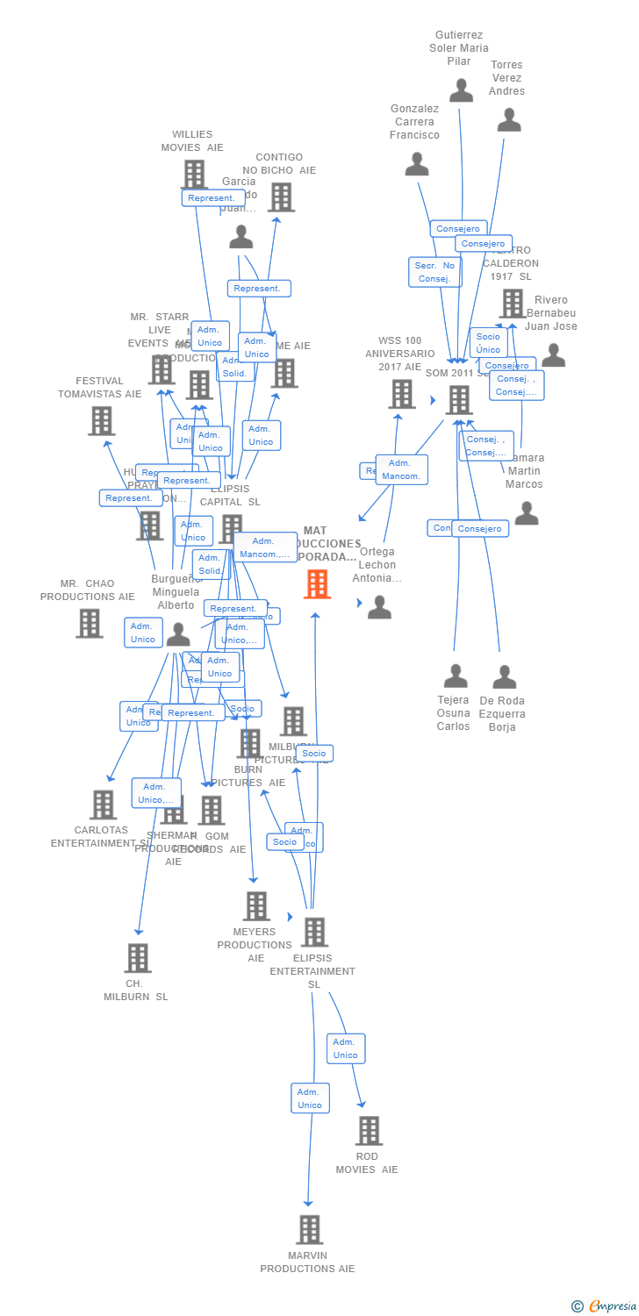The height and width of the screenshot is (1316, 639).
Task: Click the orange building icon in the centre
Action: (317, 583)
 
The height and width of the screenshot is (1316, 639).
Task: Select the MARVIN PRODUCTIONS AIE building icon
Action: (309, 1229)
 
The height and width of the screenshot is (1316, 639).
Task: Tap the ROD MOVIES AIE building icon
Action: (369, 1131)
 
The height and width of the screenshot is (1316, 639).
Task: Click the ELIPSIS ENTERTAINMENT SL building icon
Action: (314, 932)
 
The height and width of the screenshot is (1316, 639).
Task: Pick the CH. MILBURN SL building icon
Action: (137, 958)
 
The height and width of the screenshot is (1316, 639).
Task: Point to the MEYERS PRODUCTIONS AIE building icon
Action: (256, 905)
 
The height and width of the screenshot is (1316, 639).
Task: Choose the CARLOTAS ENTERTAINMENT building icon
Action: (103, 805)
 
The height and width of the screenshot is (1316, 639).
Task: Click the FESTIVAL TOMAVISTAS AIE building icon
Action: (102, 421)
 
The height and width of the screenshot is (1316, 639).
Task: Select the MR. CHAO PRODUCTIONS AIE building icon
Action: (90, 623)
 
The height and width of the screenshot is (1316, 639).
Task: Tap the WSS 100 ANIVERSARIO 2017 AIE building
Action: (402, 394)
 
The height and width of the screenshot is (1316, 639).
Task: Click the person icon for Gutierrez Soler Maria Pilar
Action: (461, 89)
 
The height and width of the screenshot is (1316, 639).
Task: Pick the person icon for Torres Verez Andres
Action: (509, 120)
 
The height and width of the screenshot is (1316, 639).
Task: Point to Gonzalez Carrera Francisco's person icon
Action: (417, 164)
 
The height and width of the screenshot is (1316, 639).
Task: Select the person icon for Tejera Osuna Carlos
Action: (455, 676)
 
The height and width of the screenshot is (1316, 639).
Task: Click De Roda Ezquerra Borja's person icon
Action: (504, 677)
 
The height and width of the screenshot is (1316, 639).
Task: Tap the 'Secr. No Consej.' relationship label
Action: (434, 272)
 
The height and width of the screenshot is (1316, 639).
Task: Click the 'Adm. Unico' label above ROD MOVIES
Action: (346, 1048)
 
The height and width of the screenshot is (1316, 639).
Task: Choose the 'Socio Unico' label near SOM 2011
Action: (488, 343)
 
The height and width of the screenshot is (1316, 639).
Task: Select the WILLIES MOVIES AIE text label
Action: (192, 140)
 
